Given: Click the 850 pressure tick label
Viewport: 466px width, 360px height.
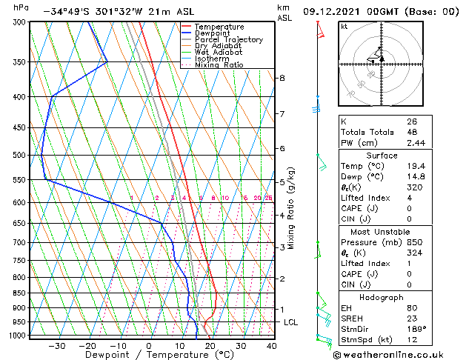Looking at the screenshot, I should coord(21,293).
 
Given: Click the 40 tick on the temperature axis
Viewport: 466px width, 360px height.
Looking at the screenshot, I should coord(271,346).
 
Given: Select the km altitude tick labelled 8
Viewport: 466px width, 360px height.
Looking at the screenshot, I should coord(282,78).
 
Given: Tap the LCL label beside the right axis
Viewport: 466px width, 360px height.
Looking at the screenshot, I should coord(290,322).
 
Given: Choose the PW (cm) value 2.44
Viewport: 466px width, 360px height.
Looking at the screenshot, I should coord(415,143).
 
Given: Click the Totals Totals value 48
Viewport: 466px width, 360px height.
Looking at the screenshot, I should coord(411,132).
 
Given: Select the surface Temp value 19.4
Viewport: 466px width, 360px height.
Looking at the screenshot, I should coord(415,166).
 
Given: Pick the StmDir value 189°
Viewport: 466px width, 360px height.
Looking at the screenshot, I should coord(415,328).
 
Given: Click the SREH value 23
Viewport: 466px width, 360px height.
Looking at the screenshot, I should coord(411,318).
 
